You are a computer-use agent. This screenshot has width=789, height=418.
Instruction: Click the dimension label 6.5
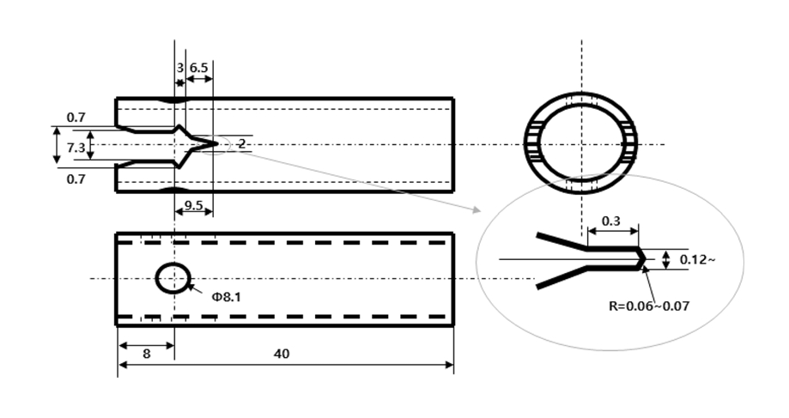198,66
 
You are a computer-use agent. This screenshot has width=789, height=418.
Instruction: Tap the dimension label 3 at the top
179,66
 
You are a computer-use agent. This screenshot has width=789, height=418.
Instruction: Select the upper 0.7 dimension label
76,117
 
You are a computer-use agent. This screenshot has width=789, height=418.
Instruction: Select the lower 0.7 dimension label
76,179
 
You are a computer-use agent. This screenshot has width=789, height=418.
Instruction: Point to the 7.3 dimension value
75,148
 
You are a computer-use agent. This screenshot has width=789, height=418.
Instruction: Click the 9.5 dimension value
194,206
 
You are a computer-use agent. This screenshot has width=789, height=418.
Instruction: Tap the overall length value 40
282,353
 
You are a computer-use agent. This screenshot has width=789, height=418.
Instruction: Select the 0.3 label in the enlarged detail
611,221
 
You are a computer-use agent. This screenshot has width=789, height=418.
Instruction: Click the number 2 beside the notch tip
242,145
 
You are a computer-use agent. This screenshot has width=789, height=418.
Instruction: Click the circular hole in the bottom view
173,278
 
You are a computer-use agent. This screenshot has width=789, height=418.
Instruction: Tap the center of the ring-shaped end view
581,144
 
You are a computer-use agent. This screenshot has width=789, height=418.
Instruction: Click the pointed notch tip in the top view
212,144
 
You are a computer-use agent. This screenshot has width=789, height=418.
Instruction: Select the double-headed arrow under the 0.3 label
612,232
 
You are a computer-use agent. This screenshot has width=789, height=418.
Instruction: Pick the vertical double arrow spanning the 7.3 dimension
57,145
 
